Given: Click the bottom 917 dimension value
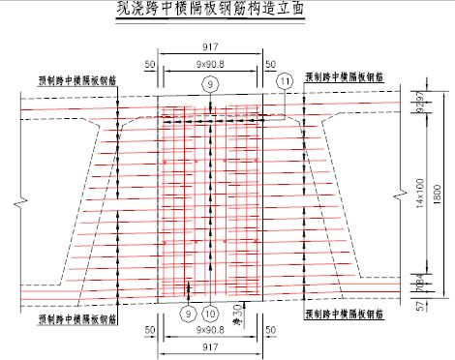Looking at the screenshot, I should pos(211,345).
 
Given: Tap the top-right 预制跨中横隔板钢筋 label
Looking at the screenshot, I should pos(344,75).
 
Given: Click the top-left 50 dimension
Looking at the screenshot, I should pos(149,64).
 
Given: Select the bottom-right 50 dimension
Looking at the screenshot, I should pos(273,330).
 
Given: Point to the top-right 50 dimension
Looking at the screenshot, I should pos(273,64).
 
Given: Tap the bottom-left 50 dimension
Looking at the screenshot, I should pos(149,330).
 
